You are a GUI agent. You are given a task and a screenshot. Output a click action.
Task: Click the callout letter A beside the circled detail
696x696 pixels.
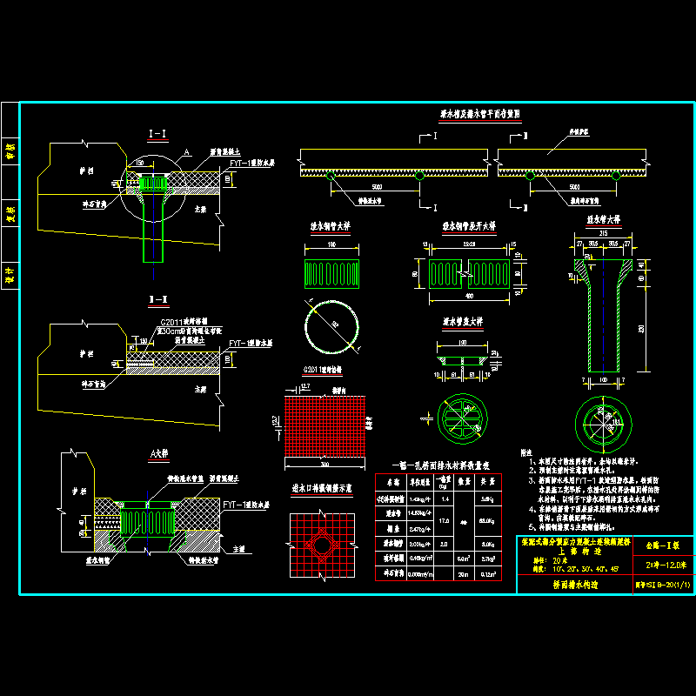[x=185, y=152]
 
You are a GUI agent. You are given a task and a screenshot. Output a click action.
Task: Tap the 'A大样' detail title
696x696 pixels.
[x=158, y=454]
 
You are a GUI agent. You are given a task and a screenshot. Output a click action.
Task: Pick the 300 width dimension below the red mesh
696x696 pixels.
[x=324, y=465]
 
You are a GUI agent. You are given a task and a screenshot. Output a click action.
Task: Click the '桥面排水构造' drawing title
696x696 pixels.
[x=570, y=586]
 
